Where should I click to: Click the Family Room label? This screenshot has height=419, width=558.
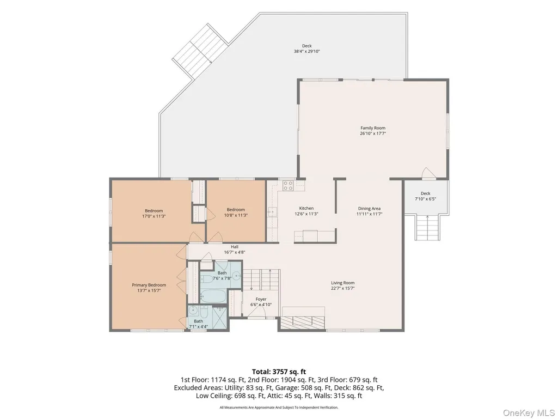pos(372,128)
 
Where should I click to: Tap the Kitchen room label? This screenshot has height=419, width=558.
pos(306,208)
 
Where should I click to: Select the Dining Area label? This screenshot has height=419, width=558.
pos(369,209)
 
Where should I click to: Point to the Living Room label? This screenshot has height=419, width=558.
pos(343,283)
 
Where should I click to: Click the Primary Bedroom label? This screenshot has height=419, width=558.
pos(149,285)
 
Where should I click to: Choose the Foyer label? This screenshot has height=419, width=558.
pos(261,299)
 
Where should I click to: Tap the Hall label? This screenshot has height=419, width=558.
pos(235,247)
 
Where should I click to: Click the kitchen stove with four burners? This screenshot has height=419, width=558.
pos(288,185)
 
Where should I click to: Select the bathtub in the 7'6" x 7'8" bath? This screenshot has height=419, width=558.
pos(213,295)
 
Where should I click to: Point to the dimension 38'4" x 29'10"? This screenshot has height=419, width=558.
pos(306,51)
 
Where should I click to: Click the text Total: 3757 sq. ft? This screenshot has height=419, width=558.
pos(279,372)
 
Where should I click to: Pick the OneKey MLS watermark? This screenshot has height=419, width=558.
pos(529,412)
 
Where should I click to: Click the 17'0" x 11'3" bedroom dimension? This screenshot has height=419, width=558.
pos(154,216)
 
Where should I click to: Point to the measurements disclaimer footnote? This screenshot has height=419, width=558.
pos(279,407)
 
